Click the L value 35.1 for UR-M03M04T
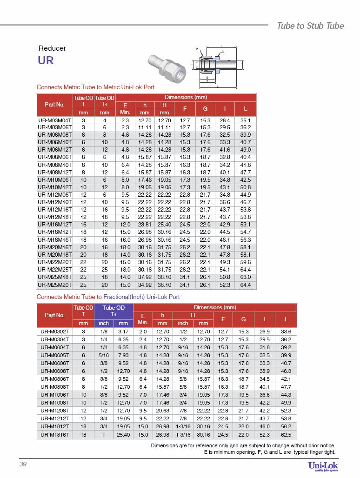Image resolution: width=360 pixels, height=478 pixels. tap(246, 120)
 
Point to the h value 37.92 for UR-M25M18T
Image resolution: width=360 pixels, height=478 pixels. tap(145, 277)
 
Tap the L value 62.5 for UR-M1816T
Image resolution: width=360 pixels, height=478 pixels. tap(286, 435)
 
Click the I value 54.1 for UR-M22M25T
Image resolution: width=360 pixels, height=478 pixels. tap(225, 270)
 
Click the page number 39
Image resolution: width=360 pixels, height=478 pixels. tap(23, 465)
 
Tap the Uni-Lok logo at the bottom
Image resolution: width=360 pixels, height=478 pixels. tap(323, 466)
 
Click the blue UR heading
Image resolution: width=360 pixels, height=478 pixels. tap(46, 60)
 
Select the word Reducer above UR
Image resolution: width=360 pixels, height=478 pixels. tap(52, 48)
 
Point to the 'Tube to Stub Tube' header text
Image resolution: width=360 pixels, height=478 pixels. tap(310, 26)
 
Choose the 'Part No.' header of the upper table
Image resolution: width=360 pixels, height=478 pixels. tap(54, 105)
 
